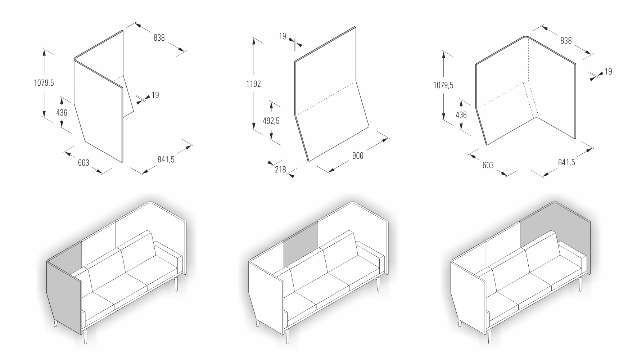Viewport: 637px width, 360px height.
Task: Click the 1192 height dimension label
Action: pyautogui.click(x=253, y=84)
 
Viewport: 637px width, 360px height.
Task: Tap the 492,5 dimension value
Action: pyautogui.click(x=271, y=121)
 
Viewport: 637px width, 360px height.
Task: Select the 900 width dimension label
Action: pyautogui.click(x=358, y=155)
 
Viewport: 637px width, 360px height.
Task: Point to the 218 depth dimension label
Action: pyautogui.click(x=280, y=169)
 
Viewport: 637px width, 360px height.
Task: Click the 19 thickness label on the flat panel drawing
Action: pyautogui.click(x=283, y=36)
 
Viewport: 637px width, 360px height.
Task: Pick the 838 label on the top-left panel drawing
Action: pyautogui.click(x=159, y=37)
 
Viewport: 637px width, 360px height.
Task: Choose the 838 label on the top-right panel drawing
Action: pyautogui.click(x=566, y=41)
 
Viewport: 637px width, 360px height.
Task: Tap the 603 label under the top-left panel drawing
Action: pyautogui.click(x=83, y=163)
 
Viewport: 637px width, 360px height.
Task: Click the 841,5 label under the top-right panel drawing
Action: pyautogui.click(x=566, y=162)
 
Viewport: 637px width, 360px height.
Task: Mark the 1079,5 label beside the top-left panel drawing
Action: pyautogui.click(x=44, y=83)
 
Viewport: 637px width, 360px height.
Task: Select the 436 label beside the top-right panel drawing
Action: pyautogui.click(x=461, y=115)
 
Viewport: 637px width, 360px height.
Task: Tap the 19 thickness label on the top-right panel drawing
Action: pyautogui.click(x=608, y=72)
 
